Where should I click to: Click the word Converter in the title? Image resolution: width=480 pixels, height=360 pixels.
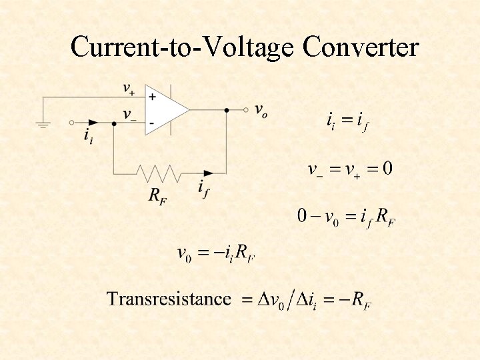[x=360, y=47]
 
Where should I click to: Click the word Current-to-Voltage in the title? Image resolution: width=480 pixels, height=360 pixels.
[x=183, y=48]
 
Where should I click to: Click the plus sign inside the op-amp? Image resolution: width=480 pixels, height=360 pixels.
[x=152, y=97]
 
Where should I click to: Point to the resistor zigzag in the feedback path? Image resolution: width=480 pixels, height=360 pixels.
[x=159, y=173]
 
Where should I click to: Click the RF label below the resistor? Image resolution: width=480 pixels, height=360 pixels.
[x=157, y=195]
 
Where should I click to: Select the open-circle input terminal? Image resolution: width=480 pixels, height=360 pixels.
[x=71, y=123]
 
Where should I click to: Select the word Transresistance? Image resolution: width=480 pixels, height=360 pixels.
[x=169, y=299]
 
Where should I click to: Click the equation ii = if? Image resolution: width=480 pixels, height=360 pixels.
[x=347, y=122]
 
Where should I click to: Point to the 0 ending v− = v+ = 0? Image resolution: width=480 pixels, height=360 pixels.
[x=387, y=168]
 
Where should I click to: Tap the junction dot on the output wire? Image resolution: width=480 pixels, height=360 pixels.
[x=227, y=110]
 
